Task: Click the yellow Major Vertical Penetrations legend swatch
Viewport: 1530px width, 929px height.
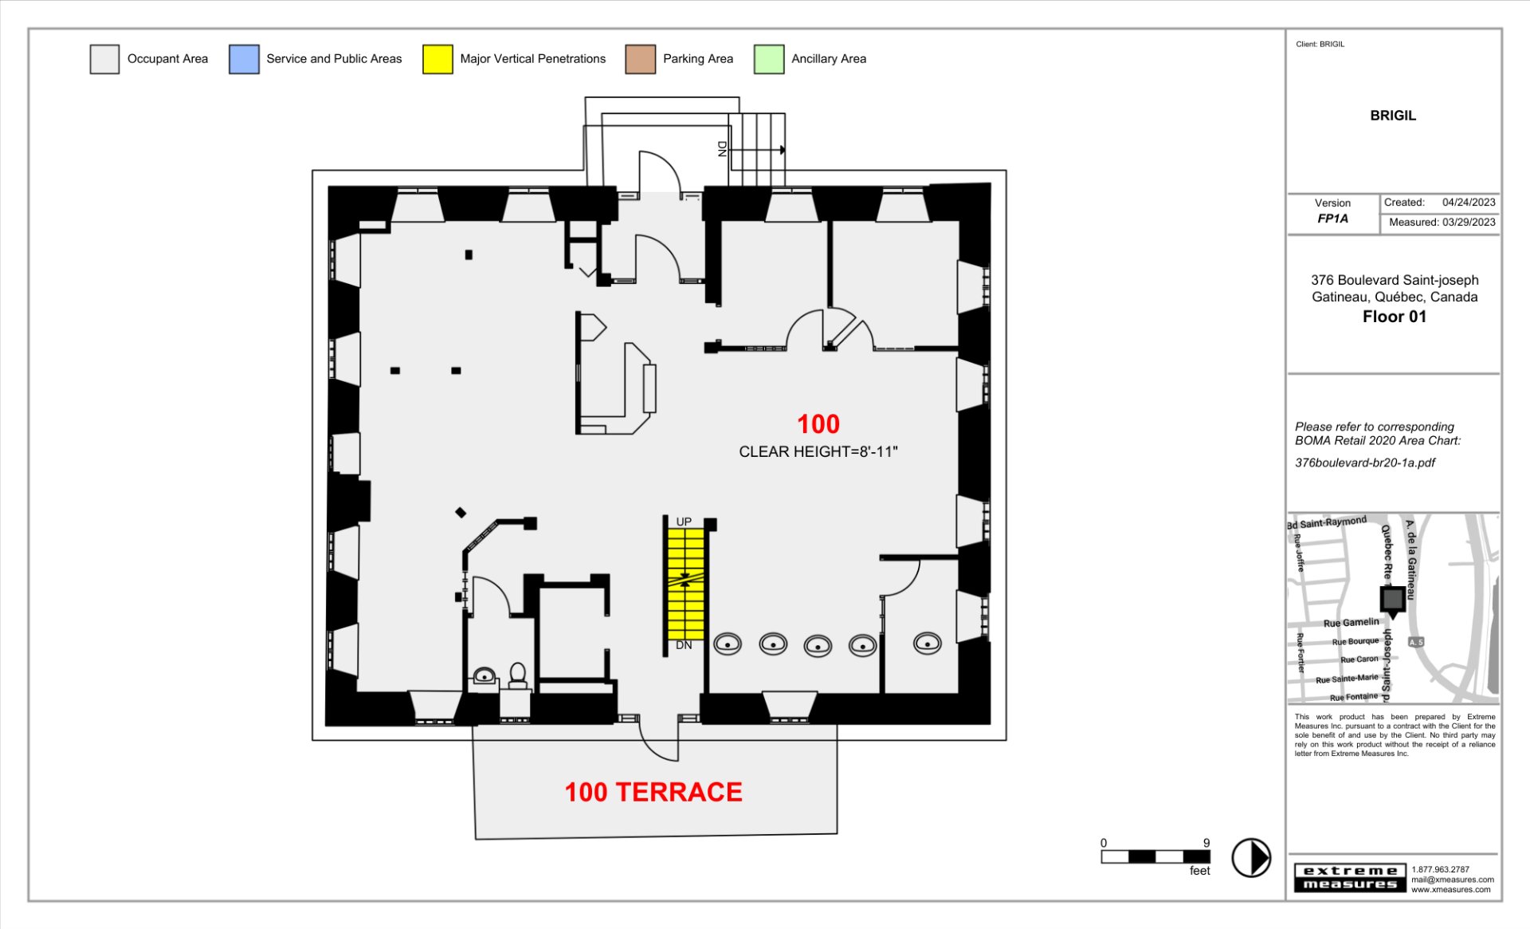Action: pyautogui.click(x=437, y=59)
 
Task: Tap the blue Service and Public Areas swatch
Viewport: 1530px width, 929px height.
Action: pyautogui.click(x=244, y=59)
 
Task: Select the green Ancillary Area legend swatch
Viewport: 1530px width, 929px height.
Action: pyautogui.click(x=769, y=59)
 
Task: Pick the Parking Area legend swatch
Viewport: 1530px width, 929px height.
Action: pyautogui.click(x=640, y=59)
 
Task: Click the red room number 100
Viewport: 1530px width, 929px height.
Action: pyautogui.click(x=818, y=423)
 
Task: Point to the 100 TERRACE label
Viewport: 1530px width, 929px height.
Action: pyautogui.click(x=653, y=792)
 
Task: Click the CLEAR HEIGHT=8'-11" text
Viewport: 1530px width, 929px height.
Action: pyautogui.click(x=818, y=451)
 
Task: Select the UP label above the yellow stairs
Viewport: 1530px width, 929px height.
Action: pyautogui.click(x=684, y=522)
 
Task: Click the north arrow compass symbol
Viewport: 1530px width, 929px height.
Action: pyautogui.click(x=1251, y=858)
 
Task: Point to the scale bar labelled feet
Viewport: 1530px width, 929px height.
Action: pyautogui.click(x=1155, y=857)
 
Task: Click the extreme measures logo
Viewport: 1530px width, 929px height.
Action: pyautogui.click(x=1350, y=877)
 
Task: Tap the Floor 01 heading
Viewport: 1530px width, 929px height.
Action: pyautogui.click(x=1394, y=317)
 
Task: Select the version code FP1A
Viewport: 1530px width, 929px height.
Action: pyautogui.click(x=1332, y=218)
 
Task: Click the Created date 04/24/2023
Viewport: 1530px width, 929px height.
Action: pyautogui.click(x=1469, y=203)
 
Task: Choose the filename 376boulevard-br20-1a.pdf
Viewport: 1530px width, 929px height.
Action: pyautogui.click(x=1365, y=463)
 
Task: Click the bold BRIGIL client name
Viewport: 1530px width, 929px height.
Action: pyautogui.click(x=1393, y=116)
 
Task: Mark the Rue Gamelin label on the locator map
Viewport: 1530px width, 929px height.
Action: pyautogui.click(x=1351, y=623)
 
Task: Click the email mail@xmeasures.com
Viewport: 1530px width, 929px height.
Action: pyautogui.click(x=1452, y=880)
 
